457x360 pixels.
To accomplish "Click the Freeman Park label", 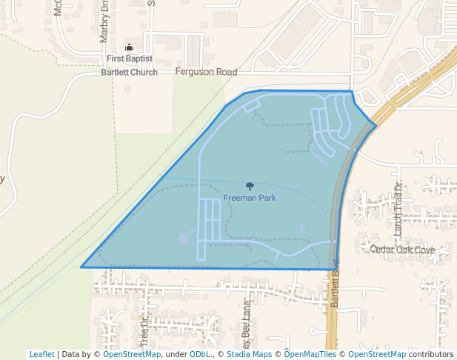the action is point(250,198).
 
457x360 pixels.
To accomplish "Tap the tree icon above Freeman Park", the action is point(250,187).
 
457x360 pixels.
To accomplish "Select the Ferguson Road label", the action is point(206,72).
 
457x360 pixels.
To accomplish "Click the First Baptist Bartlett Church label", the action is point(130,65).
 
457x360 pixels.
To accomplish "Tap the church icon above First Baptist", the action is point(130,47).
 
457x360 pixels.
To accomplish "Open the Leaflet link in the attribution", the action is point(41,354).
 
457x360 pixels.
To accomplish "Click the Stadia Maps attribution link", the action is point(249,354).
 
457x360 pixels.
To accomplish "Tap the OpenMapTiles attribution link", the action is point(310,354).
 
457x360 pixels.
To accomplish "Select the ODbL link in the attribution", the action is point(200,354).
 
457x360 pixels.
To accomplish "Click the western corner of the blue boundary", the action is point(81,267).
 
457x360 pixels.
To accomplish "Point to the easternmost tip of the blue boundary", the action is point(376,126).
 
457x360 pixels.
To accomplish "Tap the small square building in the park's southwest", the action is point(184,238).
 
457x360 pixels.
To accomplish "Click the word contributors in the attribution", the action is point(431,354).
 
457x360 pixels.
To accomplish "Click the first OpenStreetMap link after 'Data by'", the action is point(132,354).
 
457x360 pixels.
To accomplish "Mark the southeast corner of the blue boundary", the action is point(337,270).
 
